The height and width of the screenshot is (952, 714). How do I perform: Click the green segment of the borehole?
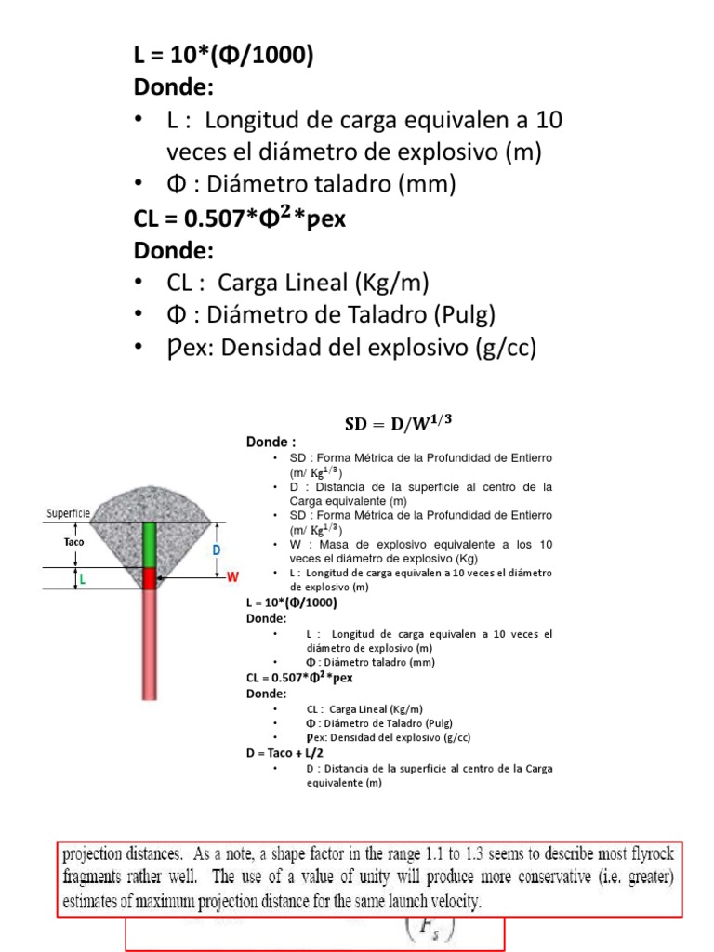[x=150, y=545]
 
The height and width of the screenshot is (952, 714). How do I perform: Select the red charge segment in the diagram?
[x=150, y=578]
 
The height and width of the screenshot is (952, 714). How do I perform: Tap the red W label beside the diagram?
[x=233, y=578]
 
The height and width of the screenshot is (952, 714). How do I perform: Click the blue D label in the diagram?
[x=218, y=549]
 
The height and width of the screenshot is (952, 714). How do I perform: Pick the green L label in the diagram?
[x=82, y=578]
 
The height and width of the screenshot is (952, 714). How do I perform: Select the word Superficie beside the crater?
[x=72, y=513]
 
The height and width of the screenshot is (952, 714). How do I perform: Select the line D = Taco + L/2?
[x=284, y=753]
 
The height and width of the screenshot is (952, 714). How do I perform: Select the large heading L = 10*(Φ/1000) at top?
[x=224, y=57]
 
